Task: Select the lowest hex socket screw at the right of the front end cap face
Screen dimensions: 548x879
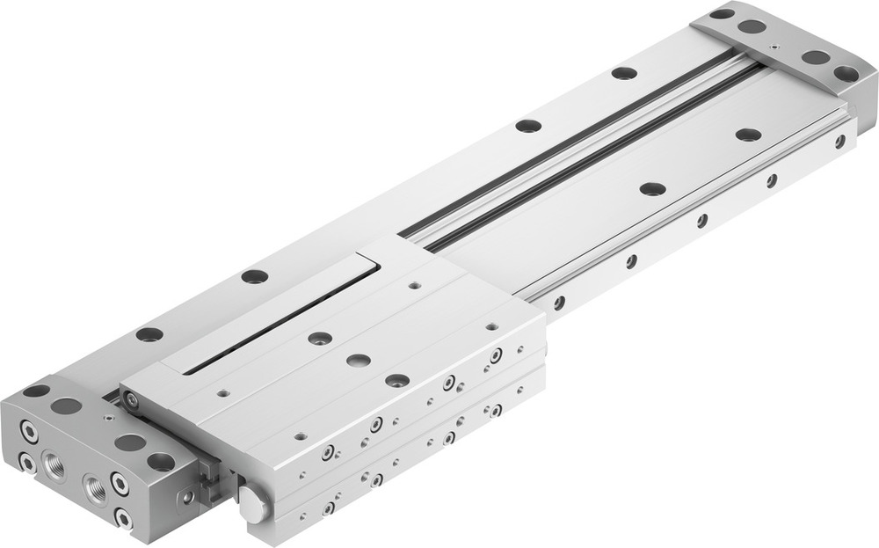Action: point(123,519)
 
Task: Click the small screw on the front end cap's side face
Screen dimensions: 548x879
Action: point(187,498)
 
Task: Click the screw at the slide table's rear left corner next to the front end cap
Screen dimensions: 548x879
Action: point(131,400)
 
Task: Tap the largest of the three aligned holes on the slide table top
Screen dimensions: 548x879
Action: point(396,380)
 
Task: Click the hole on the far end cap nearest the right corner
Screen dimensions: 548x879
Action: point(846,74)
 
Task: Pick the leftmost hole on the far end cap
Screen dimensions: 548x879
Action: point(722,13)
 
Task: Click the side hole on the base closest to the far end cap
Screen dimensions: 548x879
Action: point(839,141)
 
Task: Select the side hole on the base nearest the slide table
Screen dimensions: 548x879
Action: point(559,302)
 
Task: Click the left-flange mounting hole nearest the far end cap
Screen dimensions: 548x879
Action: point(624,73)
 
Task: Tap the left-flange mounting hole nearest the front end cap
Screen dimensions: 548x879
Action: point(149,334)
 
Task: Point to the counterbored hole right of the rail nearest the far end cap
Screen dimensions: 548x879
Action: point(748,135)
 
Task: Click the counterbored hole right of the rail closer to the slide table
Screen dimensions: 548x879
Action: point(652,189)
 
